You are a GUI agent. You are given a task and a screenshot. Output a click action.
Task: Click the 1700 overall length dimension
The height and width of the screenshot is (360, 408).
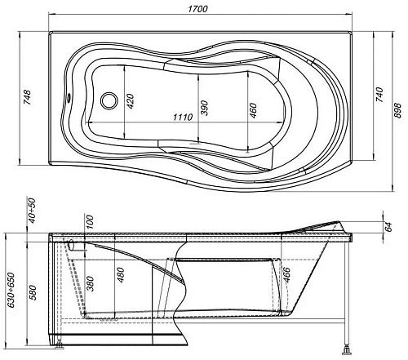pos(197,9)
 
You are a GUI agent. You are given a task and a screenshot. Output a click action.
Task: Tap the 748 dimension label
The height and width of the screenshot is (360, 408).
pos(27,97)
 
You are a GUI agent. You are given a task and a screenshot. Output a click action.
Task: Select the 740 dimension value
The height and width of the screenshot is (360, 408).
pos(379,95)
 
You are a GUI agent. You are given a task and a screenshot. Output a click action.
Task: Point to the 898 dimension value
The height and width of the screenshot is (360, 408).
pos(397,110)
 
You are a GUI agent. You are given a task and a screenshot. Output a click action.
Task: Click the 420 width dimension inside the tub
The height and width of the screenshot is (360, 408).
pos(131,101)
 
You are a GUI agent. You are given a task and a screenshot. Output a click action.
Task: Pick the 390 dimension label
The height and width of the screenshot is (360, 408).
pos(205,108)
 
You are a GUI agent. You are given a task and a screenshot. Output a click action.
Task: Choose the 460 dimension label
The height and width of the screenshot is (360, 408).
pos(253,110)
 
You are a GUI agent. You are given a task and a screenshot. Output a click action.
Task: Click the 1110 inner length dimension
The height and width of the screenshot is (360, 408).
pos(183,118)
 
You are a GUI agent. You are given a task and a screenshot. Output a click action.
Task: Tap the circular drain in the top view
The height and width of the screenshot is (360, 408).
pos(109,100)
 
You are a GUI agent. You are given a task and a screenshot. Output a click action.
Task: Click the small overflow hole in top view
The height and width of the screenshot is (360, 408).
pos(69,96)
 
